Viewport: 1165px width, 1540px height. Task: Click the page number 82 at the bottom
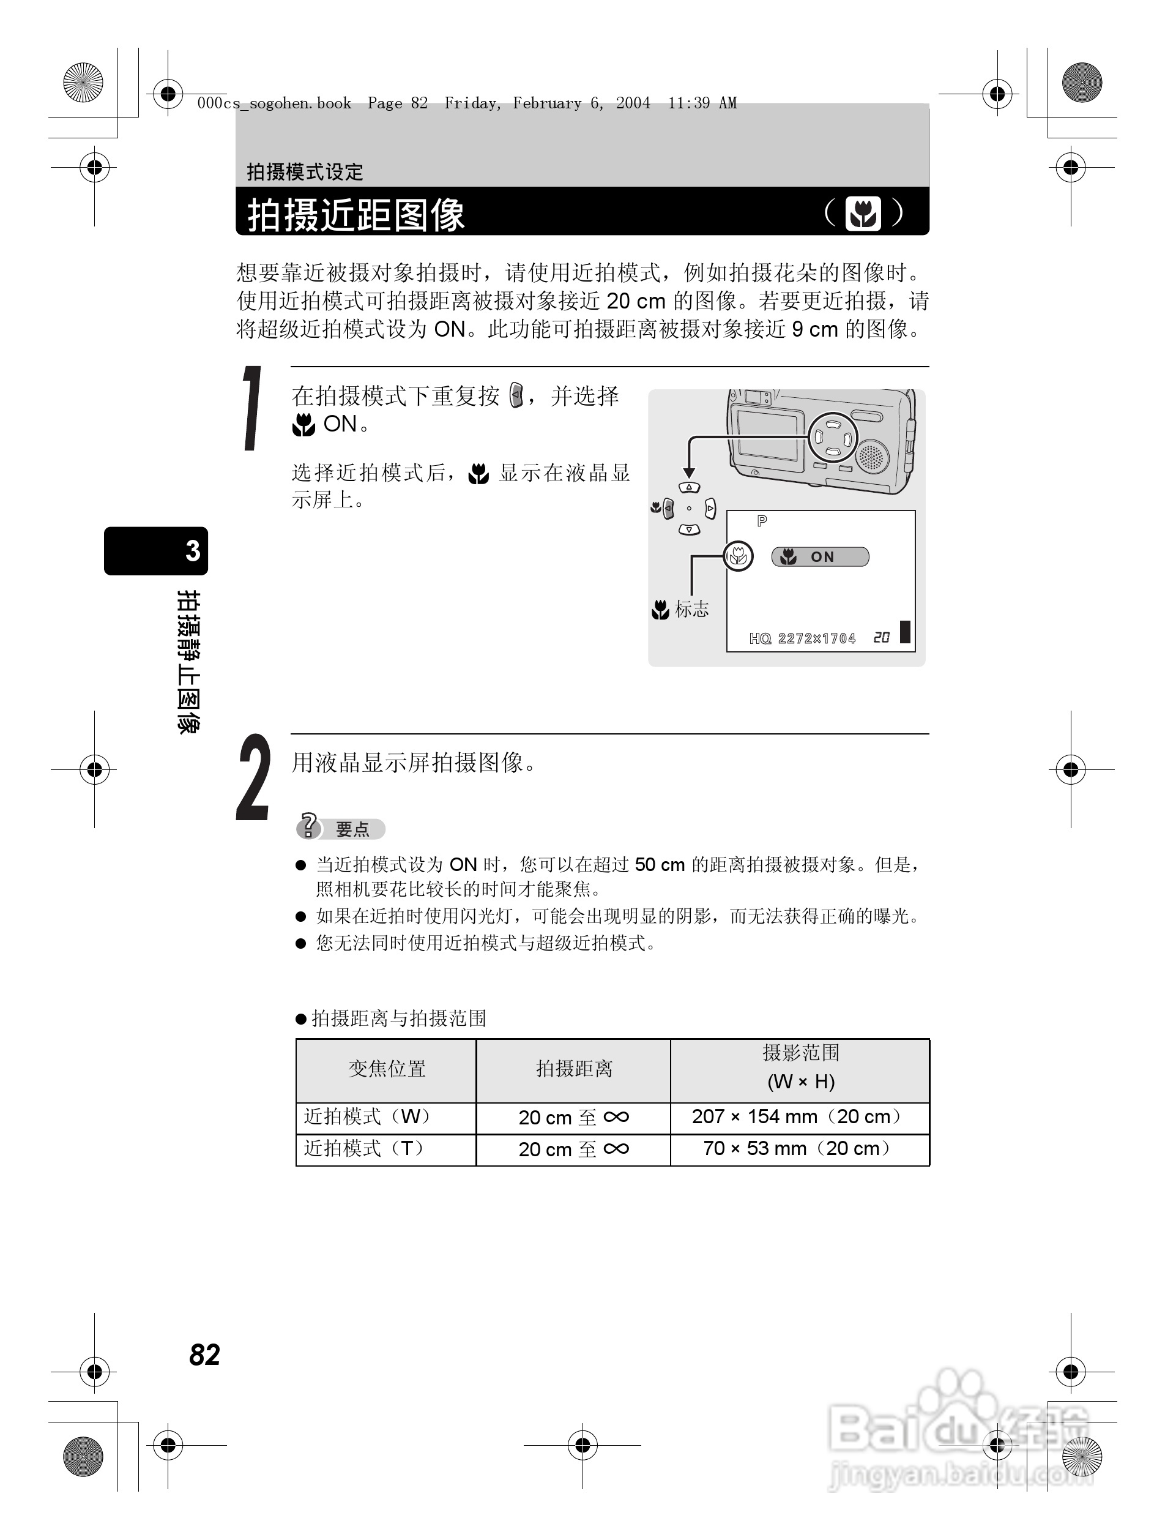(x=204, y=1354)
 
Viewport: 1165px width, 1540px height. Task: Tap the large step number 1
(x=252, y=409)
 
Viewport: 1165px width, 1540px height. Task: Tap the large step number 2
(x=253, y=778)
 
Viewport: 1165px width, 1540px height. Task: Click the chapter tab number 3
(x=193, y=551)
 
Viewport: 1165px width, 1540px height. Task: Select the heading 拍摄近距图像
(x=355, y=214)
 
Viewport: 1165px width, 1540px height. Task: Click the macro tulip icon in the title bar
(x=863, y=213)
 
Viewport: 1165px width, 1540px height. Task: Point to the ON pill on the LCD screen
(x=821, y=557)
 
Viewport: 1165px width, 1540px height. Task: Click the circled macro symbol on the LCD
(x=738, y=556)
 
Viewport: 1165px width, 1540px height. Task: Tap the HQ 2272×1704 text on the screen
(x=802, y=638)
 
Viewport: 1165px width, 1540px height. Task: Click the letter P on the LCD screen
(x=762, y=521)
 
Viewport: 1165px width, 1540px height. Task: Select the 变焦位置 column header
(x=386, y=1069)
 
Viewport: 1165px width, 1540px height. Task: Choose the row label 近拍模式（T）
(x=366, y=1149)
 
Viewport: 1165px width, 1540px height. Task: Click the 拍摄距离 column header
(x=573, y=1069)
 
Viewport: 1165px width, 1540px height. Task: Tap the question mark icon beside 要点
(x=308, y=826)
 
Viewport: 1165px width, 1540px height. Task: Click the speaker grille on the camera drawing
(x=871, y=457)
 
